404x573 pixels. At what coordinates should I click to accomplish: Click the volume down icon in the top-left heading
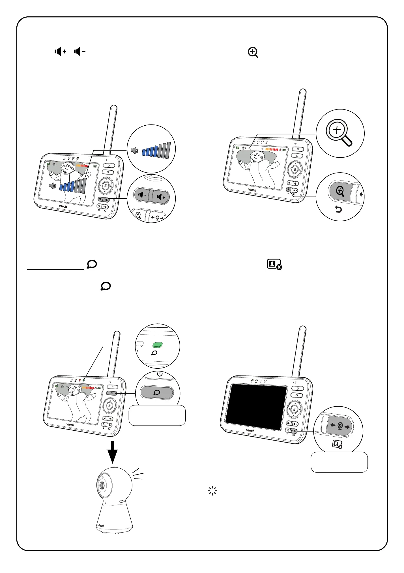[79, 51]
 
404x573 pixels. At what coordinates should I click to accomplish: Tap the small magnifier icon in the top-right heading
[253, 53]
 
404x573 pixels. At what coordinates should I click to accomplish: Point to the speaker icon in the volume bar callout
[135, 151]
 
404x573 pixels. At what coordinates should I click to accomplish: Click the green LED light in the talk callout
[158, 345]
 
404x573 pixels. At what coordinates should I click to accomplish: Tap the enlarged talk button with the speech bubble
[157, 392]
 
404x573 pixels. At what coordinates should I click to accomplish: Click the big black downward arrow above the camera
[113, 452]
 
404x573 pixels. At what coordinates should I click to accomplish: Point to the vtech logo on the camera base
[101, 525]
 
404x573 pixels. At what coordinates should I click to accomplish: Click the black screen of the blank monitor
[256, 407]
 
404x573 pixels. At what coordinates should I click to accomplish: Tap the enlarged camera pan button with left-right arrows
[340, 426]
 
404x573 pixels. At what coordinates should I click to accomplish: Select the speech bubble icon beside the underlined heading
[92, 264]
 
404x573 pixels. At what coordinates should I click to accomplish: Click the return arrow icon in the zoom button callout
[338, 209]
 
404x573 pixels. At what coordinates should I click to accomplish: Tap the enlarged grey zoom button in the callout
[340, 191]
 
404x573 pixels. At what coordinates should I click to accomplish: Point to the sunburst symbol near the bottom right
[212, 491]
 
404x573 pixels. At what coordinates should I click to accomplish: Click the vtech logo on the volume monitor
[63, 206]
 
